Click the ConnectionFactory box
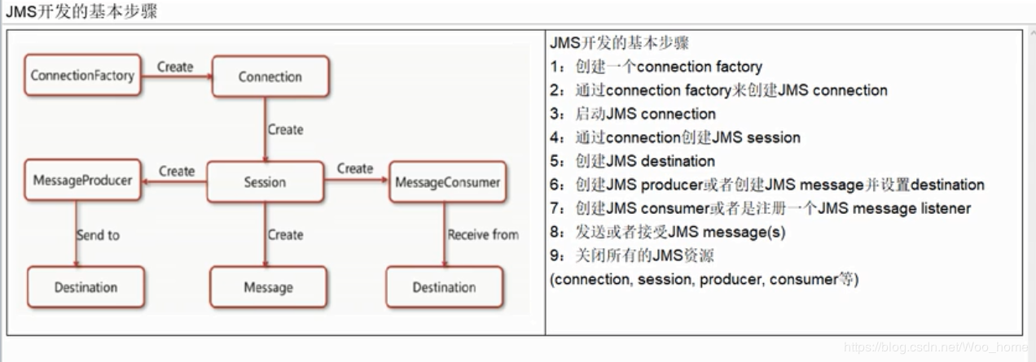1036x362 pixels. point(82,76)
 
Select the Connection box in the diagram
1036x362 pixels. point(270,76)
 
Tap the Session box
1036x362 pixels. point(265,182)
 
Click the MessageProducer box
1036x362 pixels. point(82,181)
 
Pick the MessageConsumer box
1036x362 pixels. point(447,182)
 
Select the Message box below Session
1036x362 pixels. point(268,287)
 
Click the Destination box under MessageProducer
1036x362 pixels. point(86,287)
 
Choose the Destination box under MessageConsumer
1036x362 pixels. point(444,287)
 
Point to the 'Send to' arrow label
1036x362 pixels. point(98,235)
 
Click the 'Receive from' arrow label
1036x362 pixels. point(482,234)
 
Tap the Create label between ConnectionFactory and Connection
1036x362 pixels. point(175,67)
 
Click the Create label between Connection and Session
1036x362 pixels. point(285,129)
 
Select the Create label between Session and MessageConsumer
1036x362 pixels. point(355,168)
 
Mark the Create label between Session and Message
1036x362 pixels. point(285,234)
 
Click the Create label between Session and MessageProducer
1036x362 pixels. point(177,171)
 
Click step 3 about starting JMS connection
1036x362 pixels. point(633,114)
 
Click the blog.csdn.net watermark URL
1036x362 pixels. point(937,347)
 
